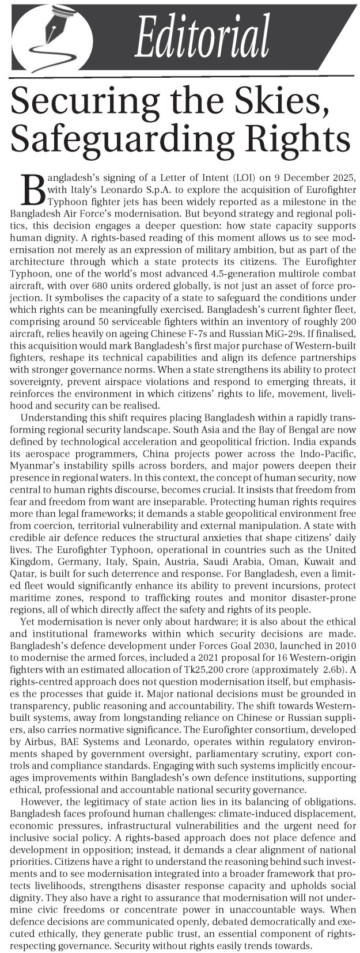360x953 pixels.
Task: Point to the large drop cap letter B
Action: (x=34, y=190)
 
